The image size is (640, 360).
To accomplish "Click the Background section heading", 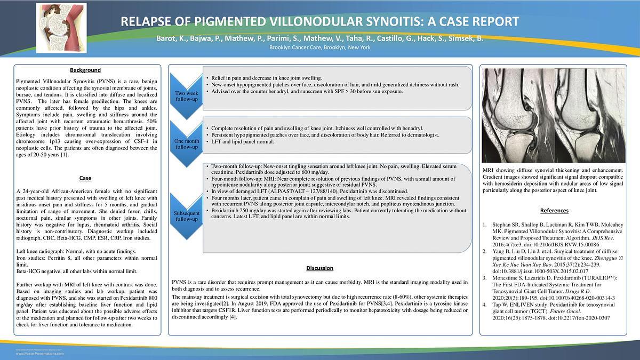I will pyautogui.click(x=85, y=70).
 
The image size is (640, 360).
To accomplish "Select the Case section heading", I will pyautogui.click(x=85, y=178).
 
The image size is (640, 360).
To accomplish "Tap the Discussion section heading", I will pyautogui.click(x=320, y=268).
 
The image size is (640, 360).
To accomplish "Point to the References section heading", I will pyautogui.click(x=554, y=211).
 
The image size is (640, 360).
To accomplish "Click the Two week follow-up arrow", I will pyautogui.click(x=187, y=94).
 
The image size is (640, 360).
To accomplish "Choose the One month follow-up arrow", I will pyautogui.click(x=187, y=143).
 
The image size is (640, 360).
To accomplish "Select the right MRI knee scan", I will pyautogui.click(x=589, y=115).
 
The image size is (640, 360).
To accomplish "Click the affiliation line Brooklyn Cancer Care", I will pyautogui.click(x=319, y=47).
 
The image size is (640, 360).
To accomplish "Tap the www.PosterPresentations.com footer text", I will pyautogui.click(x=40, y=354).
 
